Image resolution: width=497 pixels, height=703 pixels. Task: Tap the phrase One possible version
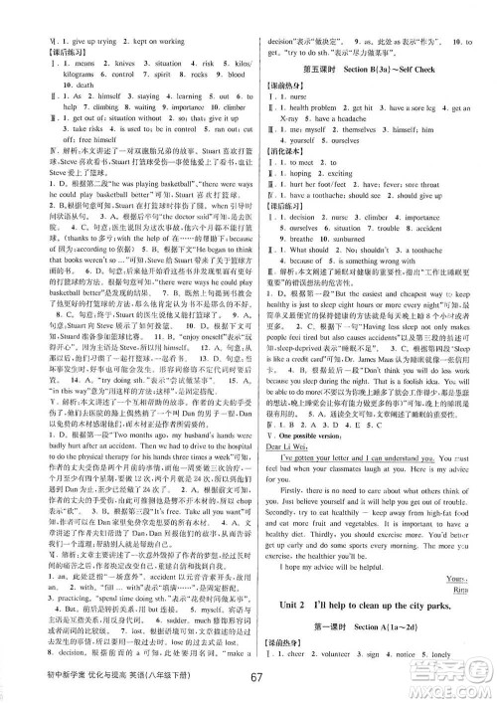tap(308, 435)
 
